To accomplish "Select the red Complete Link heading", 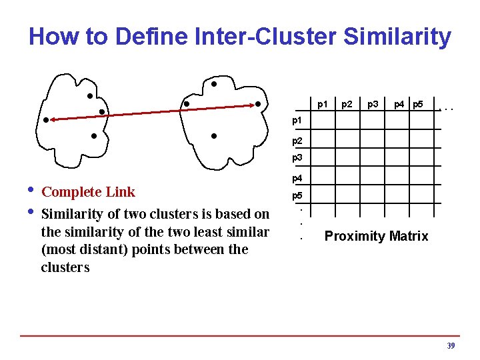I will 88,192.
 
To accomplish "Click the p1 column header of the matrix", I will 323,104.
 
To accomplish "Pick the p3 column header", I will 373,104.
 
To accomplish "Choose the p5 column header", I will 418,104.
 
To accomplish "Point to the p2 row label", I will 298,141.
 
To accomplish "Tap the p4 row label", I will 298,179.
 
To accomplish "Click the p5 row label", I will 298,197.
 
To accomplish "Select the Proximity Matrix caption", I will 376,236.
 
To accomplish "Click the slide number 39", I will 451,346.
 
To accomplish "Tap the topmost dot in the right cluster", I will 214,85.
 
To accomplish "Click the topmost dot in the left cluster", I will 89,96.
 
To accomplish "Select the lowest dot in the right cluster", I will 213,136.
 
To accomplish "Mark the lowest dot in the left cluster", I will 94,136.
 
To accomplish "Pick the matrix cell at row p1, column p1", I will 323,123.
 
